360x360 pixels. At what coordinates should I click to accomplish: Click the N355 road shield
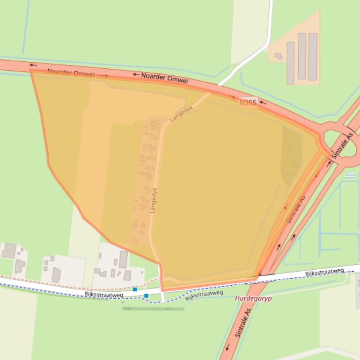pyautogui.click(x=248, y=103)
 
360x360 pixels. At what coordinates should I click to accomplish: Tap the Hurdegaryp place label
pyautogui.click(x=253, y=298)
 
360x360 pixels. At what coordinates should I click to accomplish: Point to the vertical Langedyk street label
pyautogui.click(x=153, y=201)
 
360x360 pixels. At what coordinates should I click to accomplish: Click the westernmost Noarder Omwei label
pyautogui.click(x=71, y=73)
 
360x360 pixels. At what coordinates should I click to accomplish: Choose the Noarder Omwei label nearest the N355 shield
pyautogui.click(x=164, y=78)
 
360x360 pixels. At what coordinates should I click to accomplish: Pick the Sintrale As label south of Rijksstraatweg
pyautogui.click(x=243, y=323)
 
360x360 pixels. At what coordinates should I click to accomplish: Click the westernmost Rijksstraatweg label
pyautogui.click(x=104, y=294)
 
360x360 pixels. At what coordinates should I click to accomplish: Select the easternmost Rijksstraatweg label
pyautogui.click(x=324, y=272)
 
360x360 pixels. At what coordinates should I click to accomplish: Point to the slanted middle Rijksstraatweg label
pyautogui.click(x=204, y=295)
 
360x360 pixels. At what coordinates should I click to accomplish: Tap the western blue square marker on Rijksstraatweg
pyautogui.click(x=135, y=290)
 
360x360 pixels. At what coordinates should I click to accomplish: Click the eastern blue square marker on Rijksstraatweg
pyautogui.click(x=147, y=295)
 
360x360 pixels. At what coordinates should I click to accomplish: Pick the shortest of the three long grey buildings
pyautogui.click(x=290, y=63)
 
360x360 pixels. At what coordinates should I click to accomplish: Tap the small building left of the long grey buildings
pyautogui.click(x=279, y=57)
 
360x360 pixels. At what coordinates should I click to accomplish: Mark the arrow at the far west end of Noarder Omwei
pyautogui.click(x=32, y=65)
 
